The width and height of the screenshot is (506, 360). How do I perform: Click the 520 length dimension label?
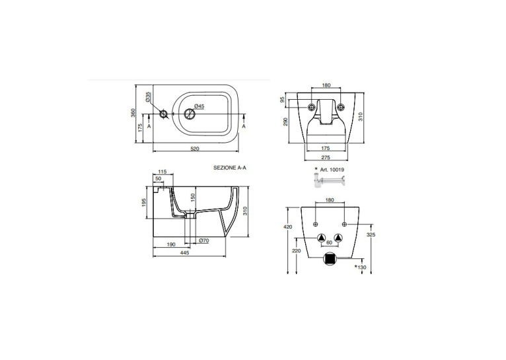195,149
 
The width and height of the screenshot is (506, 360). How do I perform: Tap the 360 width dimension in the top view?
133,113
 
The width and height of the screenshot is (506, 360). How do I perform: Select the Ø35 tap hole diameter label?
148,97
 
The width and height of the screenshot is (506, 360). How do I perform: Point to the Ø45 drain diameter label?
199,106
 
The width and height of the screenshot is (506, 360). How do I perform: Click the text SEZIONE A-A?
232,168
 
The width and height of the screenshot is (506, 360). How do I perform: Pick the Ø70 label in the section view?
204,240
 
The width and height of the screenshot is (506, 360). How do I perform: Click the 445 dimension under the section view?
184,253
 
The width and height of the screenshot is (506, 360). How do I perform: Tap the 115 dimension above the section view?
163,172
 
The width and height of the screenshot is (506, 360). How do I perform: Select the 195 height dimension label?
144,202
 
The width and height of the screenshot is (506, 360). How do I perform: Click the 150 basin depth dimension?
193,198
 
